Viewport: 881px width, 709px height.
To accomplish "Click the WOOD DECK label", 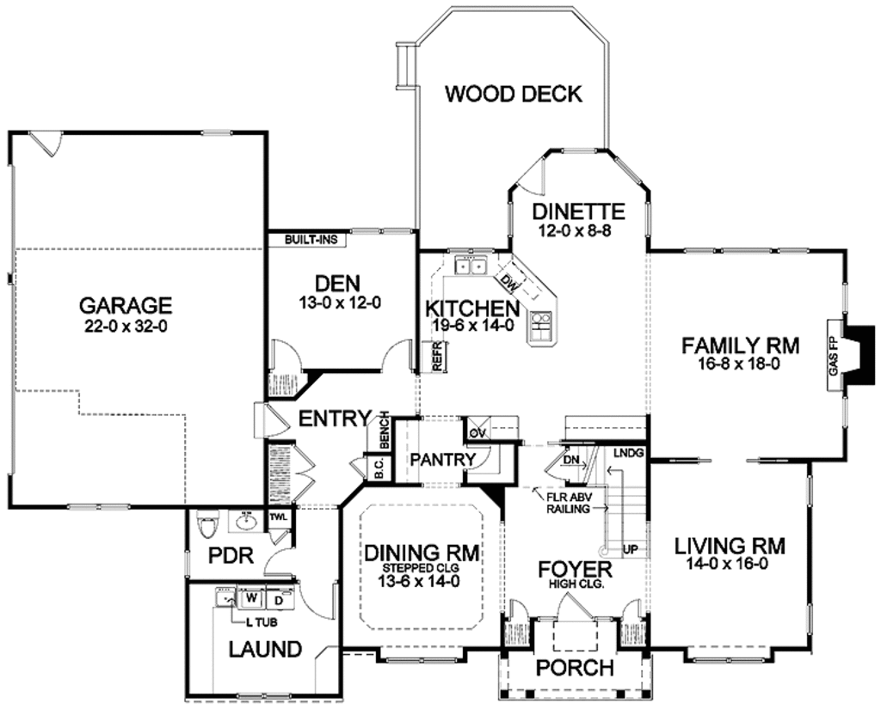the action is tap(513, 94).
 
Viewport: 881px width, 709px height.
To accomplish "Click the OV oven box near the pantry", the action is tap(477, 429).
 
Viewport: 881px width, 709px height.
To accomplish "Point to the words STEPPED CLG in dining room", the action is tap(421, 567).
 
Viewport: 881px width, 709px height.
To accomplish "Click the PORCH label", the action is tap(575, 668).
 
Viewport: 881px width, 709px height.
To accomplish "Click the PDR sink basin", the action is tap(247, 521).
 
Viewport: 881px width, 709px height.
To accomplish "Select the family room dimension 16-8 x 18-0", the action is tap(741, 364).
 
